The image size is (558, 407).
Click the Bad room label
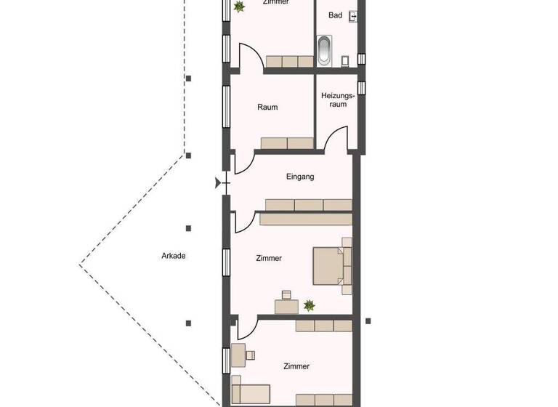335,15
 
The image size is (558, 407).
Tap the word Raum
267,108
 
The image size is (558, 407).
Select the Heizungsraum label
337,100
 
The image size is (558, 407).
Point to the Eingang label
299,177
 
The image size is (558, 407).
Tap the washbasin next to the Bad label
354,15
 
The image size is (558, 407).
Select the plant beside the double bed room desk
310,305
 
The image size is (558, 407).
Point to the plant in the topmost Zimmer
239,7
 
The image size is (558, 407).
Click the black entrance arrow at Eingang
218,184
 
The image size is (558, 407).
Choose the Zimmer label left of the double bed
269,258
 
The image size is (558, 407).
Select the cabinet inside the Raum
286,143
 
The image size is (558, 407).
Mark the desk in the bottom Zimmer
237,356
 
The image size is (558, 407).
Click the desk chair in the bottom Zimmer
251,355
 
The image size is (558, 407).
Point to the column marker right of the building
368,321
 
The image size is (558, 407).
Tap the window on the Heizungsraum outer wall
362,87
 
